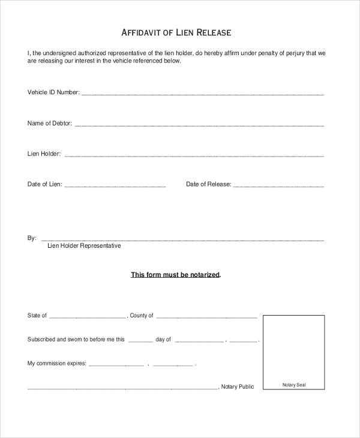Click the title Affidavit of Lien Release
pyautogui.click(x=176, y=32)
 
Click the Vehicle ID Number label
pyautogui.click(x=53, y=92)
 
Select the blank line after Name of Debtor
pyautogui.click(x=199, y=125)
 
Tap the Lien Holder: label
pyautogui.click(x=44, y=154)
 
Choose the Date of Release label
pyautogui.click(x=208, y=184)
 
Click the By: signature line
pyautogui.click(x=182, y=239)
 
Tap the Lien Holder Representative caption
pyautogui.click(x=84, y=246)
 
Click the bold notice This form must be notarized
pyautogui.click(x=176, y=275)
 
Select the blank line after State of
pyautogui.click(x=88, y=317)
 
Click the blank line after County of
pyautogui.click(x=206, y=317)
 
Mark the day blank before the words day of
pyautogui.click(x=140, y=341)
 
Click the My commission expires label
pyautogui.click(x=57, y=363)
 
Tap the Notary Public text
pyautogui.click(x=238, y=387)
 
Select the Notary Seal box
pyautogui.click(x=294, y=352)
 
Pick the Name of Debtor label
pyautogui.click(x=50, y=123)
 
